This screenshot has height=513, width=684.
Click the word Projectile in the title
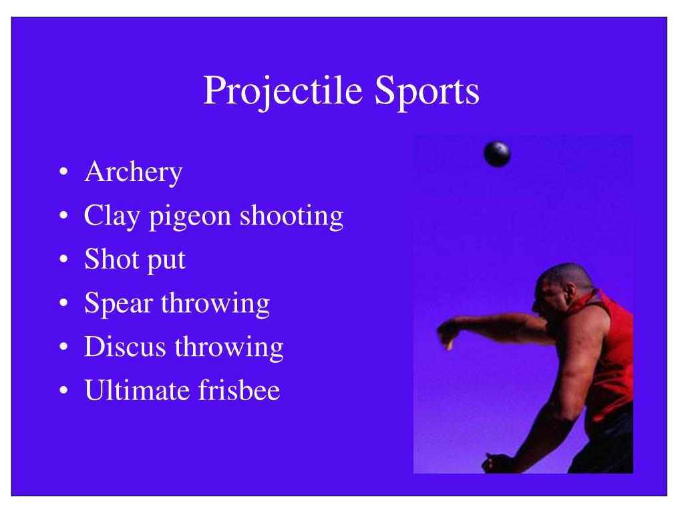pyautogui.click(x=283, y=92)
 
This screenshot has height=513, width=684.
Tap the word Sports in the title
pyautogui.click(x=427, y=92)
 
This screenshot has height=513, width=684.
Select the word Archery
pyautogui.click(x=134, y=173)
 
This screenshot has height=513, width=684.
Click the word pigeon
pyautogui.click(x=190, y=217)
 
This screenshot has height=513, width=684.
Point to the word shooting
pyautogui.click(x=292, y=216)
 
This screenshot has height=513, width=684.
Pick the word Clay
pyautogui.click(x=112, y=216)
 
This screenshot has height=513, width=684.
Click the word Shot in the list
pyautogui.click(x=112, y=259)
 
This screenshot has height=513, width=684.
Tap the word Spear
pyautogui.click(x=118, y=304)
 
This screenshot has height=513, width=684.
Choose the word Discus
pyautogui.click(x=125, y=347)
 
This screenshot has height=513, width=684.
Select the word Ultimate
pyautogui.click(x=137, y=390)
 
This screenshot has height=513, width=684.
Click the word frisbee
pyautogui.click(x=239, y=389)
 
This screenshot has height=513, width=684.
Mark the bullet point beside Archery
pyautogui.click(x=63, y=172)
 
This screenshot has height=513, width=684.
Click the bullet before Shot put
pyautogui.click(x=63, y=259)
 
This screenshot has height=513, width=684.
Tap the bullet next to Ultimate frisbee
pyautogui.click(x=63, y=389)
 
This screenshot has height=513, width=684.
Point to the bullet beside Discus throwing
pyautogui.click(x=63, y=347)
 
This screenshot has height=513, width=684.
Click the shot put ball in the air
pyautogui.click(x=497, y=154)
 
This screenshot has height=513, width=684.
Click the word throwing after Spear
pyautogui.click(x=216, y=304)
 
